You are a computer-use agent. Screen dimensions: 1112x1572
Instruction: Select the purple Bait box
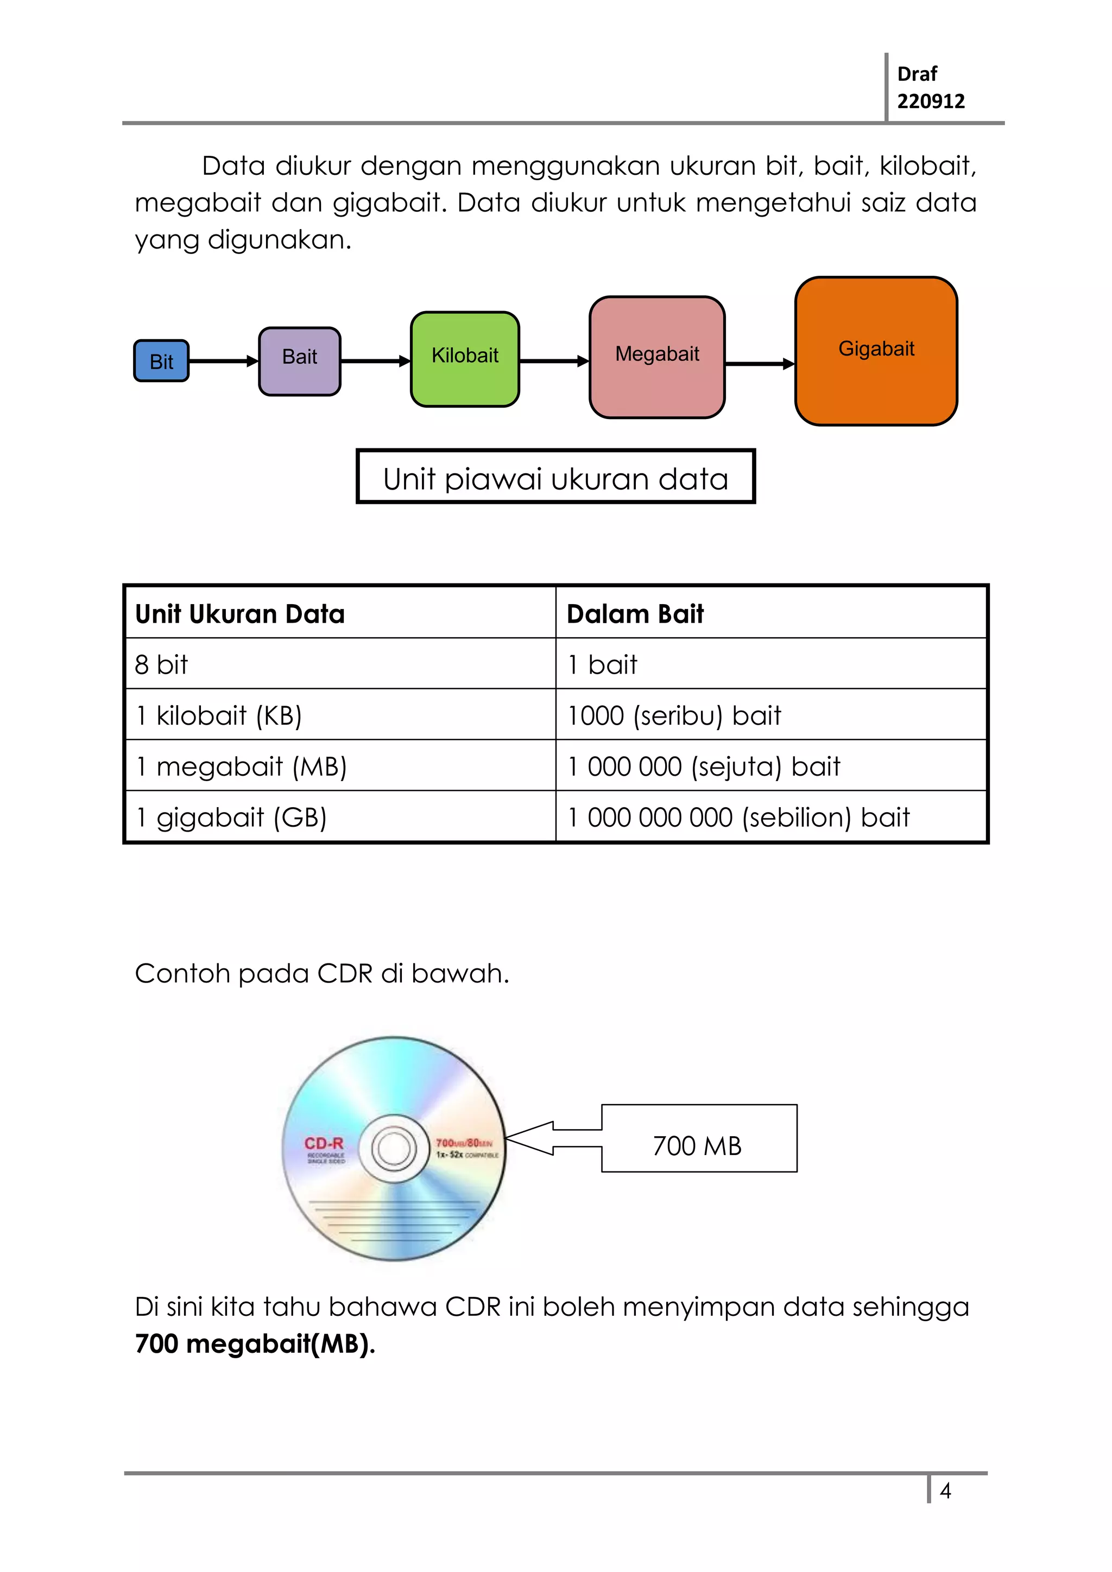point(299,361)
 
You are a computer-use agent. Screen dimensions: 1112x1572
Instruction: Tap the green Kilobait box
point(465,359)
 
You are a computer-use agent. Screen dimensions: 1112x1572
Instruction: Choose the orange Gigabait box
point(876,351)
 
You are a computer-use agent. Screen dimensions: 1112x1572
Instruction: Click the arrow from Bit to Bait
point(223,361)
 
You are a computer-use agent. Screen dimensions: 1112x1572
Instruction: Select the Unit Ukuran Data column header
point(239,613)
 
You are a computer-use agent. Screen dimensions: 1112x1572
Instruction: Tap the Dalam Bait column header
point(635,613)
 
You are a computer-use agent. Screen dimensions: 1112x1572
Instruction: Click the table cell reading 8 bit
point(162,664)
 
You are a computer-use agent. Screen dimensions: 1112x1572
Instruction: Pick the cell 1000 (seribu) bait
point(674,715)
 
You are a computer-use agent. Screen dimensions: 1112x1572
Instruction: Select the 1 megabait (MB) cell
point(241,766)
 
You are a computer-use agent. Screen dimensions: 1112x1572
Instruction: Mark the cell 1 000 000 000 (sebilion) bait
point(738,817)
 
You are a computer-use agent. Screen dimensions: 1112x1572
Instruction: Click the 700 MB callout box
point(698,1145)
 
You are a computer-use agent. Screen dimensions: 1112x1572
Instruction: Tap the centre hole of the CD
point(394,1148)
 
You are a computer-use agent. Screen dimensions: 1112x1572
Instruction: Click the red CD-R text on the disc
point(324,1143)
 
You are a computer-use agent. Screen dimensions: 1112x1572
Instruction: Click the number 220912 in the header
point(931,102)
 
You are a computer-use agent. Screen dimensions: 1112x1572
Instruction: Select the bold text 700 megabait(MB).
point(255,1343)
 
